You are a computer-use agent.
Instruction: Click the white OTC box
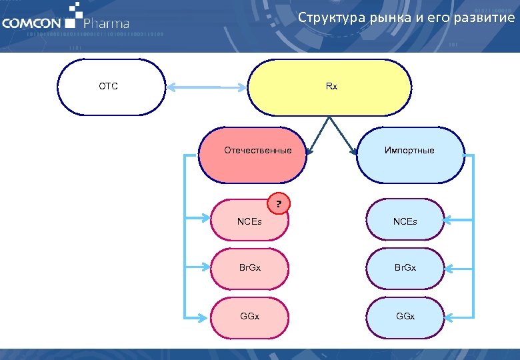click(x=111, y=86)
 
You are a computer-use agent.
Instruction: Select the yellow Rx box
click(x=331, y=87)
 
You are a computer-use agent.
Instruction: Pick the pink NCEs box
click(x=249, y=221)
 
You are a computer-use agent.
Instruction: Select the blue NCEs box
click(x=405, y=221)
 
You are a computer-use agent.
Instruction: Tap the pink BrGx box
click(x=249, y=268)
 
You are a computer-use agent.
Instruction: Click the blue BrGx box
click(x=405, y=268)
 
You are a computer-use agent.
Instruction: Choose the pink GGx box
click(x=249, y=315)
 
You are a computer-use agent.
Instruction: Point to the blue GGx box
click(x=405, y=315)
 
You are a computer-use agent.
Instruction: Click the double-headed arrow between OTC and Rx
click(x=207, y=86)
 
